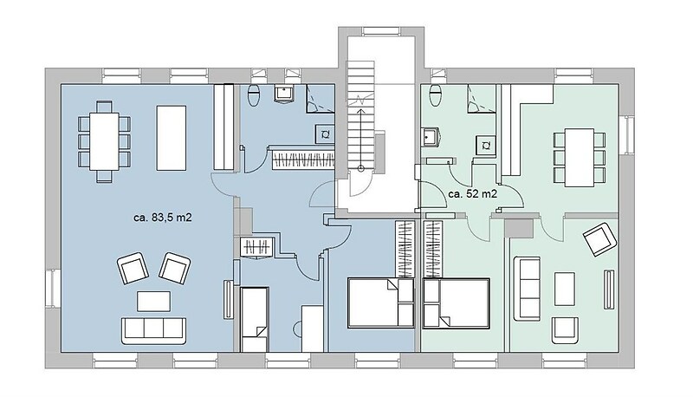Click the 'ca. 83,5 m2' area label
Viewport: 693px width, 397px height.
(x=163, y=218)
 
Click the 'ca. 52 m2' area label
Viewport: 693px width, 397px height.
(x=472, y=194)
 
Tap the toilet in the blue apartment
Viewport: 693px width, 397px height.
(x=254, y=95)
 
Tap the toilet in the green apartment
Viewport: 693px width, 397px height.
(x=436, y=95)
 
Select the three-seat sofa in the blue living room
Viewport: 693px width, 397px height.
(x=154, y=330)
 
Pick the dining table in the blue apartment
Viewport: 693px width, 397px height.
(x=104, y=141)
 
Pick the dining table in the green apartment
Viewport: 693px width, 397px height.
(x=580, y=158)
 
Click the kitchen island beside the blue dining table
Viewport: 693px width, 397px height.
(x=171, y=138)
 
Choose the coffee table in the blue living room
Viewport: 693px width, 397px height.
(x=154, y=302)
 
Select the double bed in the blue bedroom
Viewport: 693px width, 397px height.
(x=381, y=303)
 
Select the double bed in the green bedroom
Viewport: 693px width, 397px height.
(x=457, y=303)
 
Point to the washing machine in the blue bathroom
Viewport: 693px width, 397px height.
(x=325, y=134)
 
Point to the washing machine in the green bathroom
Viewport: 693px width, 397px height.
(x=486, y=146)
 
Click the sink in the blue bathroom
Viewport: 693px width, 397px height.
(x=283, y=94)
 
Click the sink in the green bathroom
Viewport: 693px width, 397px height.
(x=430, y=137)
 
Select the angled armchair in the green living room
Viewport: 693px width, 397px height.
(x=599, y=239)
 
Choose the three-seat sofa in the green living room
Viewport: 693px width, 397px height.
(x=527, y=289)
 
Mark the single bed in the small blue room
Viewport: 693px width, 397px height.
(x=255, y=319)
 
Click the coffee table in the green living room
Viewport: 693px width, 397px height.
(x=565, y=289)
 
